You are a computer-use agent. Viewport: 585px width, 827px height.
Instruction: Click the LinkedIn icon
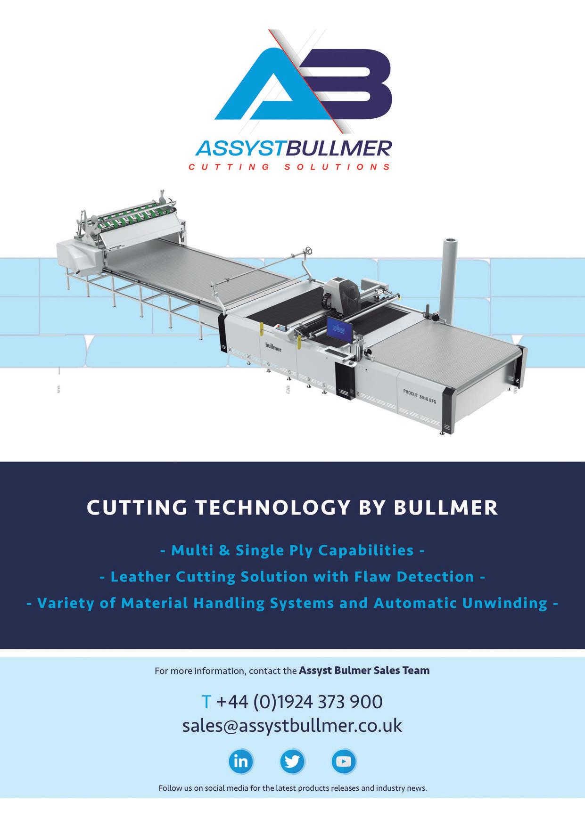click(241, 761)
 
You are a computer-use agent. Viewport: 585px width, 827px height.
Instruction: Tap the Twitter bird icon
click(292, 761)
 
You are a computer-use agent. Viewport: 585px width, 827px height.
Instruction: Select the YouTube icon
click(344, 761)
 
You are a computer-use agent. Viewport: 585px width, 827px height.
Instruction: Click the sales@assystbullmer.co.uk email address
click(292, 725)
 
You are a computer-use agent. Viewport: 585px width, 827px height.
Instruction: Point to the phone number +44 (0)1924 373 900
click(299, 702)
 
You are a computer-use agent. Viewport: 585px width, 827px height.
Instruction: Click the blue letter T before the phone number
click(206, 702)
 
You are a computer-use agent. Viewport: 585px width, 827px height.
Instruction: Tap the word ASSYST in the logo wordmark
click(239, 148)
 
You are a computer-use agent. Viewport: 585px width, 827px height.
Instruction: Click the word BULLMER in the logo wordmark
click(338, 148)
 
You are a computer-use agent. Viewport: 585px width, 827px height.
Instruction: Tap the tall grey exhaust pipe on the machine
click(450, 278)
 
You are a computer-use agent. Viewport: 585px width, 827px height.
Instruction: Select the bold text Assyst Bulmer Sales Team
click(364, 670)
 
